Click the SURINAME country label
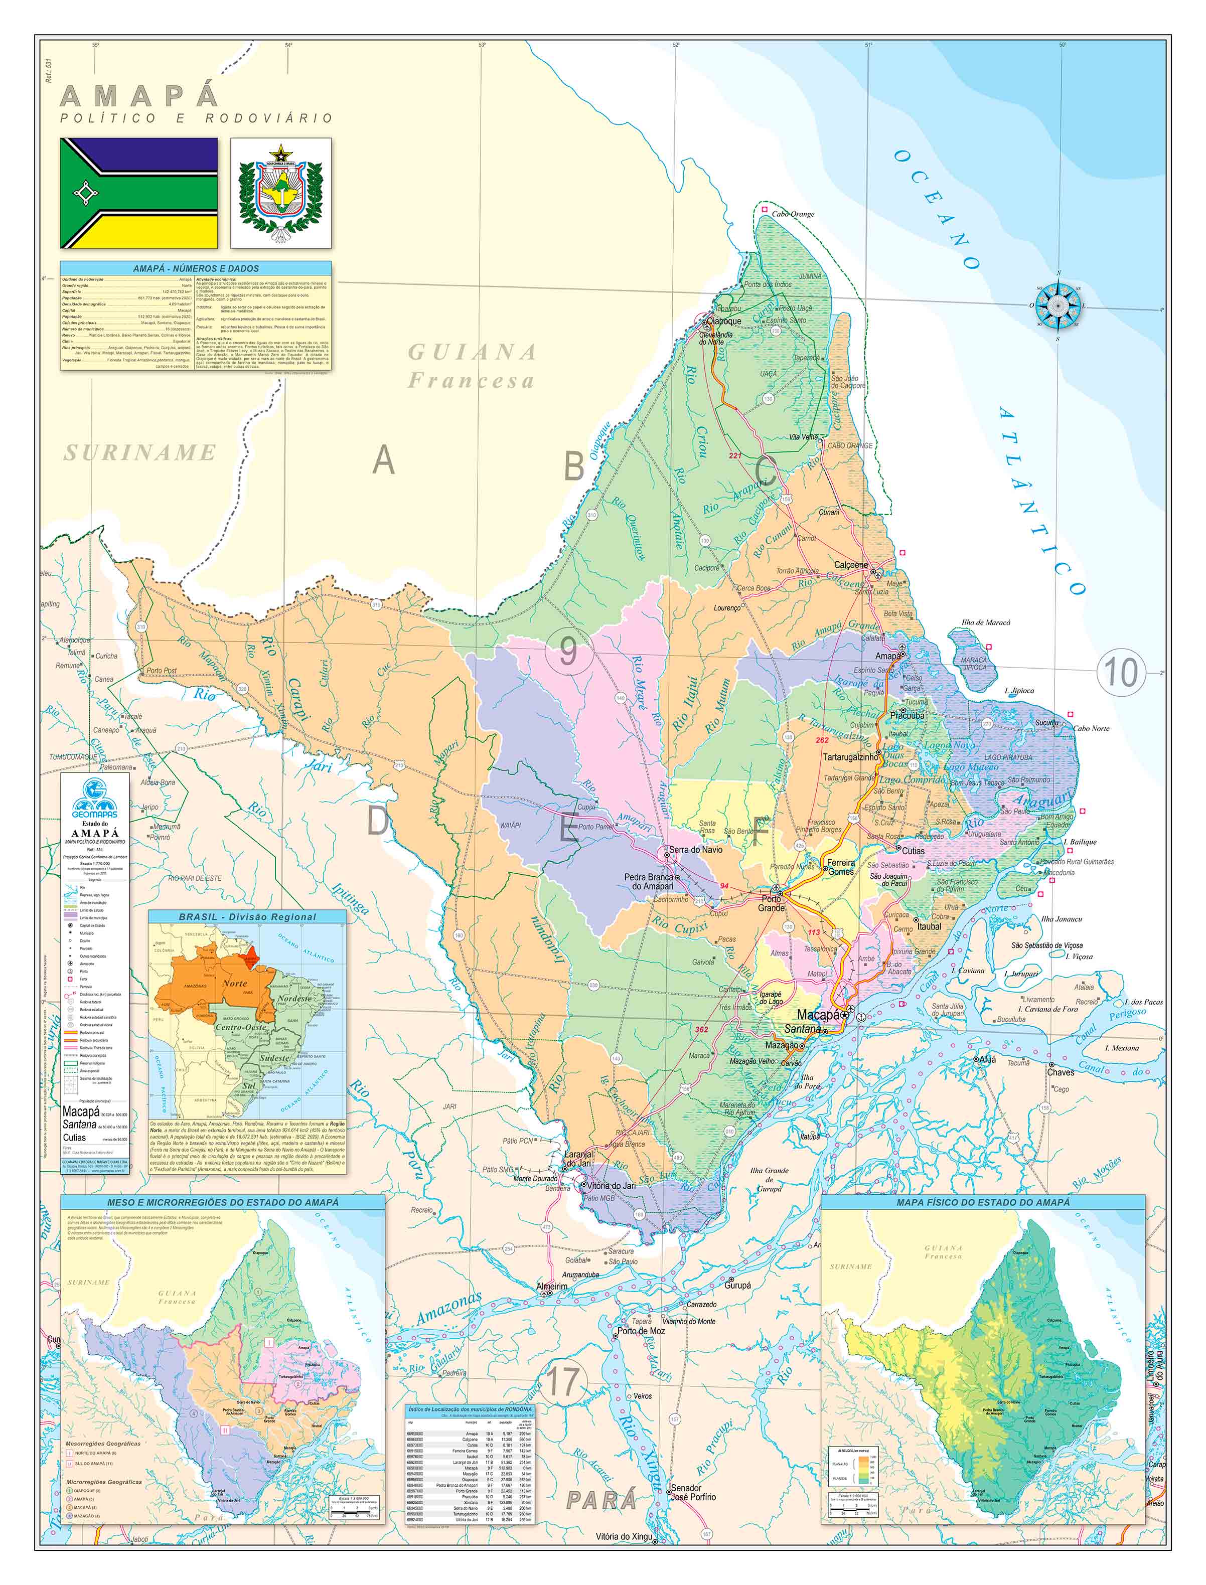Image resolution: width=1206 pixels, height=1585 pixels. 140,452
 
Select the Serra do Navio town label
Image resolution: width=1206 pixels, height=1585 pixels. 696,849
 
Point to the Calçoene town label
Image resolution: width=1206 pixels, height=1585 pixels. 851,565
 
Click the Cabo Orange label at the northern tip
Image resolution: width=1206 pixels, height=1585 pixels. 793,214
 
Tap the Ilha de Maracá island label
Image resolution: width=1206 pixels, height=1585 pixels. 986,622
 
